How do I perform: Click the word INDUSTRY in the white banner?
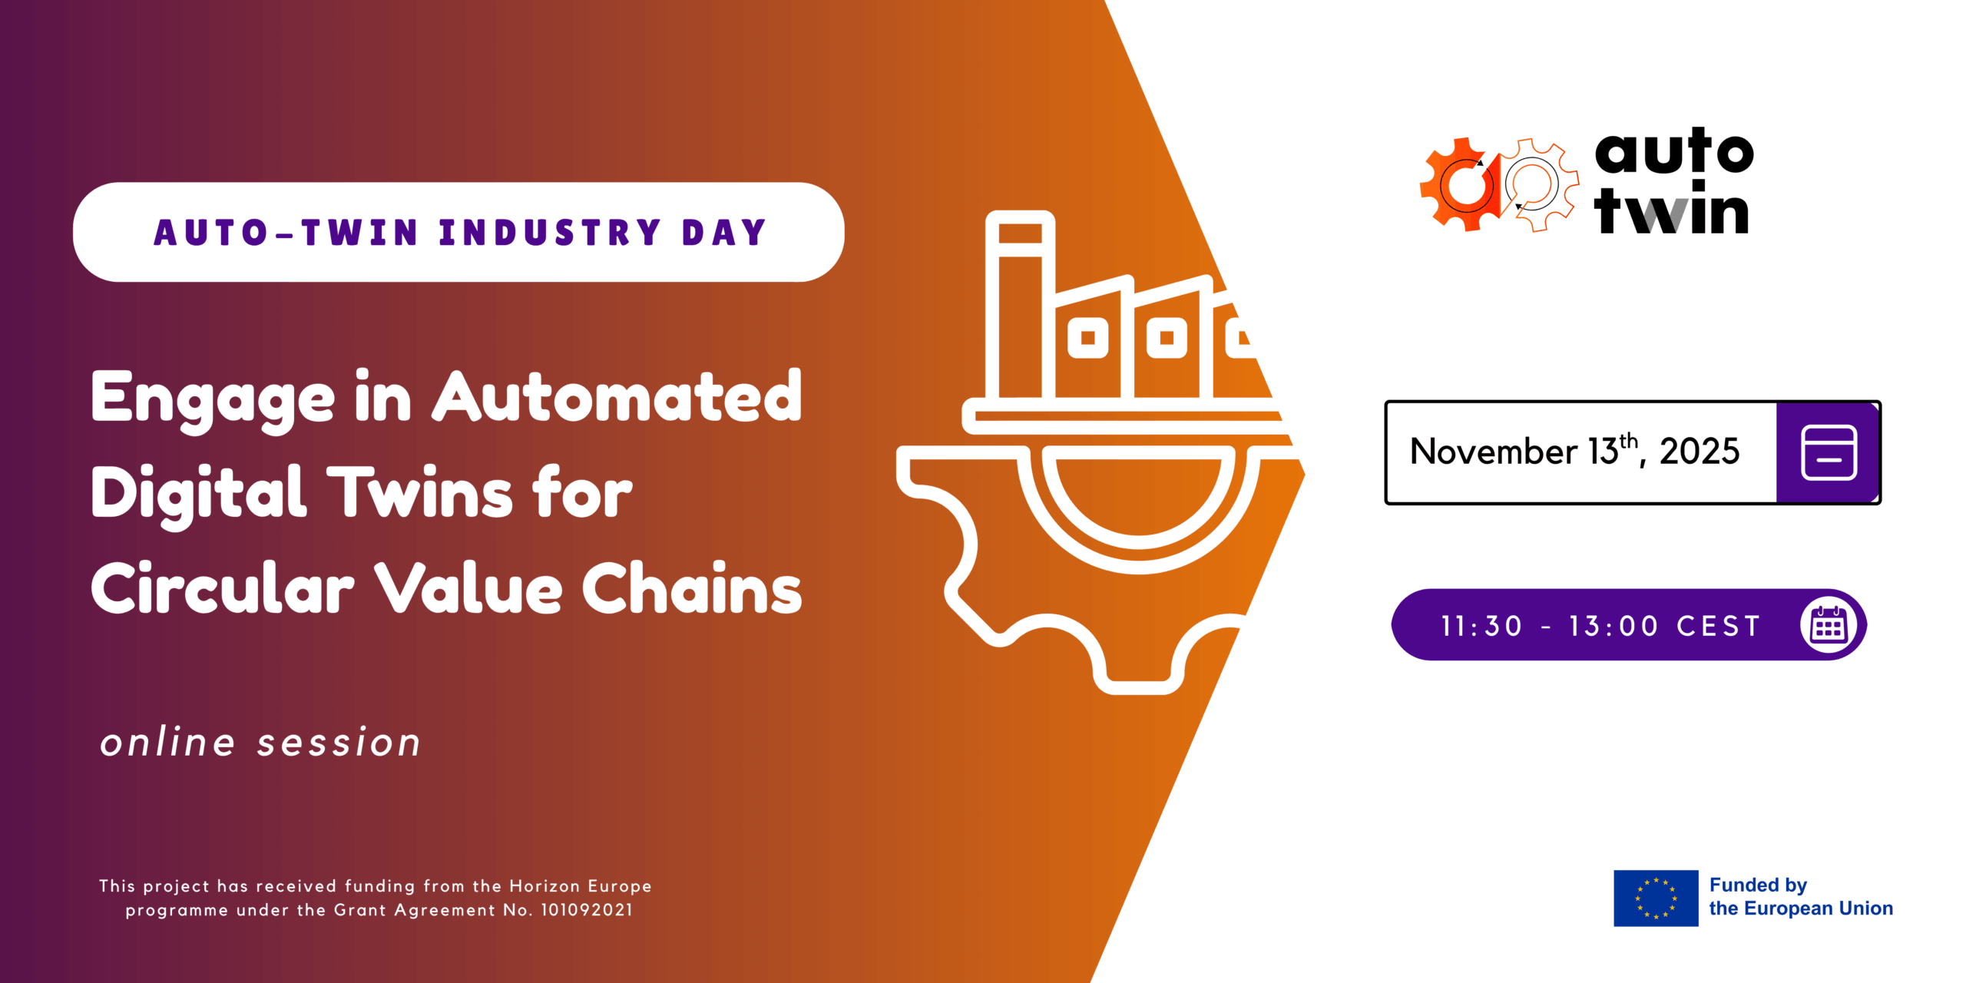[550, 233]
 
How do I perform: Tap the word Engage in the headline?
[213, 400]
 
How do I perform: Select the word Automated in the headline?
[617, 396]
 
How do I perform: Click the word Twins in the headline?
[420, 492]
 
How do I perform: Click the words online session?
[260, 742]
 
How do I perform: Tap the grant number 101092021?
[587, 910]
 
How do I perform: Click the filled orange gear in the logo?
[1458, 184]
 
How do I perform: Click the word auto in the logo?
[1674, 152]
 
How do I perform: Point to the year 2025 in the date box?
[1700, 452]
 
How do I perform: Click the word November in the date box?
[1494, 452]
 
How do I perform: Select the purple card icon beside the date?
[1829, 452]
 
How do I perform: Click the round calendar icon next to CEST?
[1829, 625]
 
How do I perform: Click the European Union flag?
[1656, 898]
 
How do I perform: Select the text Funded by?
[1758, 885]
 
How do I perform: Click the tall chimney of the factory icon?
[1020, 305]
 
